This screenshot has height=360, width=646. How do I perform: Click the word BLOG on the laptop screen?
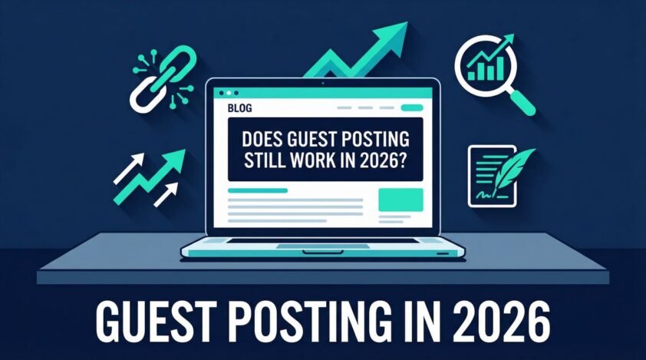pos(239,109)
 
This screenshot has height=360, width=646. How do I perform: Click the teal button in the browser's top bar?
pos(412,108)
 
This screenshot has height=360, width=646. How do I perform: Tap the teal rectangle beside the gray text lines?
pos(401,200)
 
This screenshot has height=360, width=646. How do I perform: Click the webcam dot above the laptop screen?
pos(323,81)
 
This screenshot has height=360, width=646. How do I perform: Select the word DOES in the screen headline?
pos(264,140)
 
